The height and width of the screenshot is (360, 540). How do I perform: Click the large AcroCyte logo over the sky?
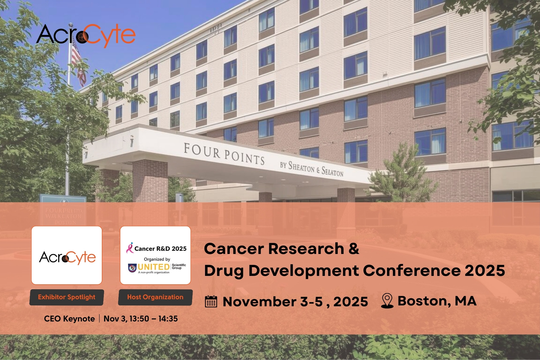pyautogui.click(x=86, y=35)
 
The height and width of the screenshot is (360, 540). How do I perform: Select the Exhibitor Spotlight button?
pyautogui.click(x=67, y=297)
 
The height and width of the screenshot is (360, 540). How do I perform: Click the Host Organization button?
pyautogui.click(x=155, y=297)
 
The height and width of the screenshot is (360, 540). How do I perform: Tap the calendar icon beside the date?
pyautogui.click(x=211, y=301)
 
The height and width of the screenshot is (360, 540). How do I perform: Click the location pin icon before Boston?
pyautogui.click(x=387, y=301)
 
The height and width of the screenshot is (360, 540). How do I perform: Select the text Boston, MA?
pyautogui.click(x=437, y=301)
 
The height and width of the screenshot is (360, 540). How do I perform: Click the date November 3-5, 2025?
pyautogui.click(x=295, y=302)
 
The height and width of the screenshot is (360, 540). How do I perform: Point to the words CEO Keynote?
pyautogui.click(x=69, y=319)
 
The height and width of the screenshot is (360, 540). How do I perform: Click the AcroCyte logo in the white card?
pyautogui.click(x=67, y=257)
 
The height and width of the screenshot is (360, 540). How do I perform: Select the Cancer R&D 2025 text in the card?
pyautogui.click(x=160, y=249)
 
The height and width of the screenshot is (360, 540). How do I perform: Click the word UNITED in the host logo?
pyautogui.click(x=154, y=267)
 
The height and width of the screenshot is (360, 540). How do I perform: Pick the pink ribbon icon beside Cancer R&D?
pyautogui.click(x=130, y=248)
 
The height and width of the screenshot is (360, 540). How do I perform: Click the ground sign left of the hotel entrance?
pyautogui.click(x=63, y=210)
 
